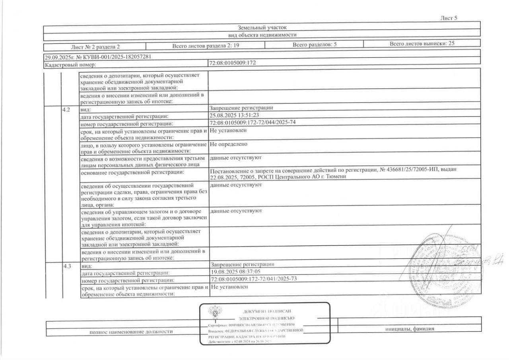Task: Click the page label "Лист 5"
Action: [x=449, y=18]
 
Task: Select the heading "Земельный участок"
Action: [x=262, y=28]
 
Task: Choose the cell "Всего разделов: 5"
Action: [x=315, y=45]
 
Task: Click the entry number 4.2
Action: [x=66, y=109]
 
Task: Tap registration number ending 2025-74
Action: [x=253, y=122]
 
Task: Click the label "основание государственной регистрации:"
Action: [x=132, y=172]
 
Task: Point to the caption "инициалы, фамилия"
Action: [x=409, y=329]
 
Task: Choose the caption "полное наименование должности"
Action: [x=131, y=331]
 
